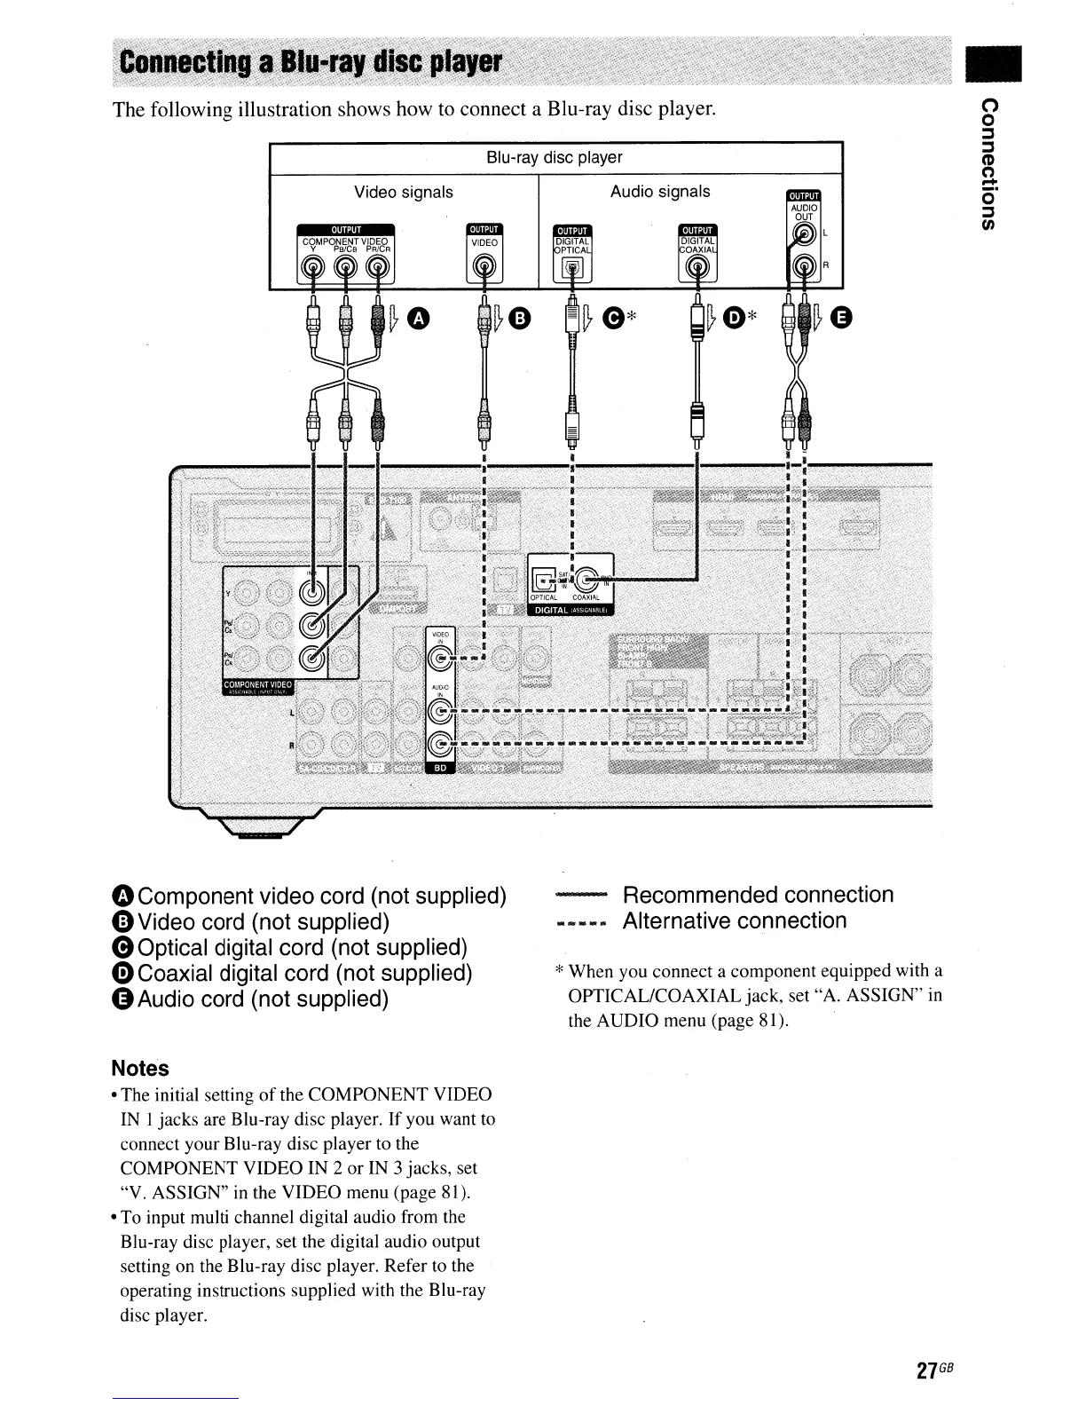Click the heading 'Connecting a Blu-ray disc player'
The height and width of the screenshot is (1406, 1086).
(311, 62)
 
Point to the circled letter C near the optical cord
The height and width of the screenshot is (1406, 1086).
(612, 316)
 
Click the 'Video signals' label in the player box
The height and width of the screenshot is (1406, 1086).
(404, 193)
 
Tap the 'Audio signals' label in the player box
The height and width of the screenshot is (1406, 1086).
(660, 192)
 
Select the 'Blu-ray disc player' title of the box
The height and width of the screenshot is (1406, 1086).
(555, 158)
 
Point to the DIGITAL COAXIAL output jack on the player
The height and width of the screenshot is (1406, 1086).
(697, 267)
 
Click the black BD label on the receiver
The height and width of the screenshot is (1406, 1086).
(441, 768)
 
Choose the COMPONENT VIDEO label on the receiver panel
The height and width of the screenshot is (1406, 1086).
(257, 685)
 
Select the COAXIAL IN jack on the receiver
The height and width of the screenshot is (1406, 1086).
(590, 579)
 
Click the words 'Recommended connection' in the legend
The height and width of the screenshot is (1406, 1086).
(758, 895)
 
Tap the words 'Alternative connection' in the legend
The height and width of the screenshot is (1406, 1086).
(735, 920)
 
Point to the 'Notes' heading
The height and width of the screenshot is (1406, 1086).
(140, 1069)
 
